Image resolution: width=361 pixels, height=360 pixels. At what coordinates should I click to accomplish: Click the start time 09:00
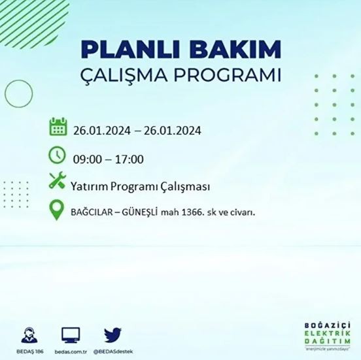click(x=90, y=159)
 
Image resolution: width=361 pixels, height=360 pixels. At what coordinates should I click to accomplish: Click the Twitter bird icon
click(x=112, y=334)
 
